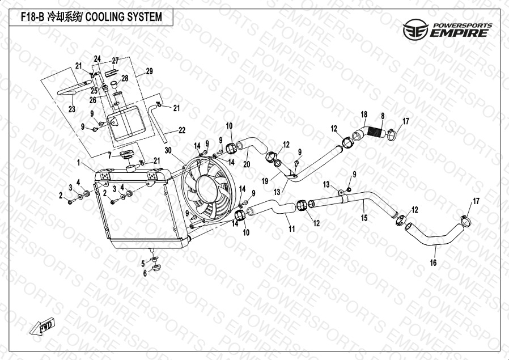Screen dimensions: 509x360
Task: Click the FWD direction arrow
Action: coord(42,326)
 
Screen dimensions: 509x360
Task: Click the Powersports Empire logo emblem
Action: coord(415,29)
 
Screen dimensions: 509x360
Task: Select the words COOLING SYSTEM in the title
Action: coord(124,16)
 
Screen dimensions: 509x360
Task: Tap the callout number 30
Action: coord(168,150)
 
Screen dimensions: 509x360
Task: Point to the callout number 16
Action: coord(434,262)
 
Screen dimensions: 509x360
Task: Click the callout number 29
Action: coord(149,71)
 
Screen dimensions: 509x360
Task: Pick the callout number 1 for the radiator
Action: coord(79,163)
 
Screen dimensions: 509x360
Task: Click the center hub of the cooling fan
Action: coord(206,188)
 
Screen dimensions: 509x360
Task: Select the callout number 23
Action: coord(72,109)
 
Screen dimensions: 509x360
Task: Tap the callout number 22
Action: coord(182,130)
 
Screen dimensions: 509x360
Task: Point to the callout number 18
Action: coord(364,115)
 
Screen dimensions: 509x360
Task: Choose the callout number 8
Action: coord(383,116)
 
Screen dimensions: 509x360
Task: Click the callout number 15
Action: coord(364,218)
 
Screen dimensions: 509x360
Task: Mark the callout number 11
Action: coord(292,229)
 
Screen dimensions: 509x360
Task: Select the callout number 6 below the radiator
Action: coord(145,273)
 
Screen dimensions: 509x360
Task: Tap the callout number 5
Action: coord(143,264)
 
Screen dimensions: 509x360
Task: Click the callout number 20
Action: coord(247,164)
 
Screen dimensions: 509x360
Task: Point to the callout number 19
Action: coord(265,181)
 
